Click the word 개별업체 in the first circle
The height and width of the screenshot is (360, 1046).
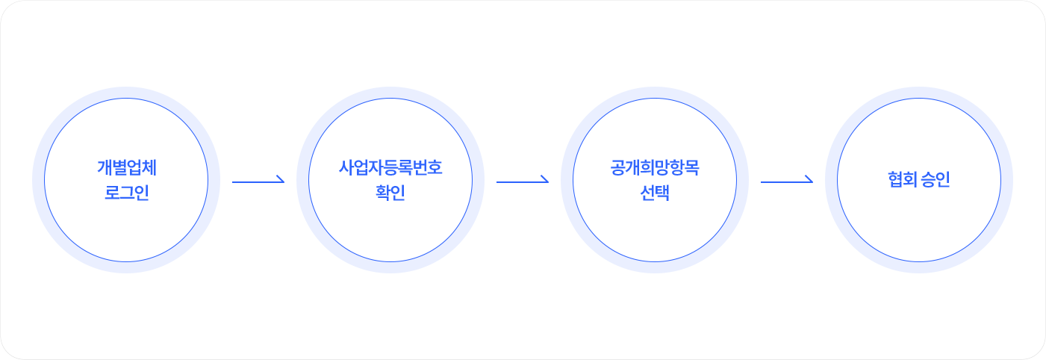coord(126,167)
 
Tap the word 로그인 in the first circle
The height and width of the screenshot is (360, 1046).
coord(126,192)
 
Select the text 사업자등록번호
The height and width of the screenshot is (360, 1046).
coord(390,167)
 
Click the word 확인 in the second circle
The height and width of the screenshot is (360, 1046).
coord(390,192)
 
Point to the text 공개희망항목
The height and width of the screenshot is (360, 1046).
coord(655,167)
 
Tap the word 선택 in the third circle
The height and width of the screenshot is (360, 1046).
coord(655,192)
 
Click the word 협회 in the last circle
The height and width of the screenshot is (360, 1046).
coord(902,179)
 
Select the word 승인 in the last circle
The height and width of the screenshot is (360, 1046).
coord(936,179)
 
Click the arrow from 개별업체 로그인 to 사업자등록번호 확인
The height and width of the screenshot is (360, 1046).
coord(258,181)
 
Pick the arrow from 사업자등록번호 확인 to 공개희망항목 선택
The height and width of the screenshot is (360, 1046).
coord(523,181)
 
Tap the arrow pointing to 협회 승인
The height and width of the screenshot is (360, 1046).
coord(787,181)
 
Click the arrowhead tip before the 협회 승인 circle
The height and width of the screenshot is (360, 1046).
coord(813,181)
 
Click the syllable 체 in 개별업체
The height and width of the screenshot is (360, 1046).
coord(149,167)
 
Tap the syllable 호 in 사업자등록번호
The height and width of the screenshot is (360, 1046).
coord(435,167)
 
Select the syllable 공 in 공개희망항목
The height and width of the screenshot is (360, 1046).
coord(617,167)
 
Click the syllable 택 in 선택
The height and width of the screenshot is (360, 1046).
coord(662,192)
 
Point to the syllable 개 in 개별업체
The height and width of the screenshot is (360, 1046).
coord(104,167)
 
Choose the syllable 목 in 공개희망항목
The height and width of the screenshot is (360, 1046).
coord(692,167)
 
